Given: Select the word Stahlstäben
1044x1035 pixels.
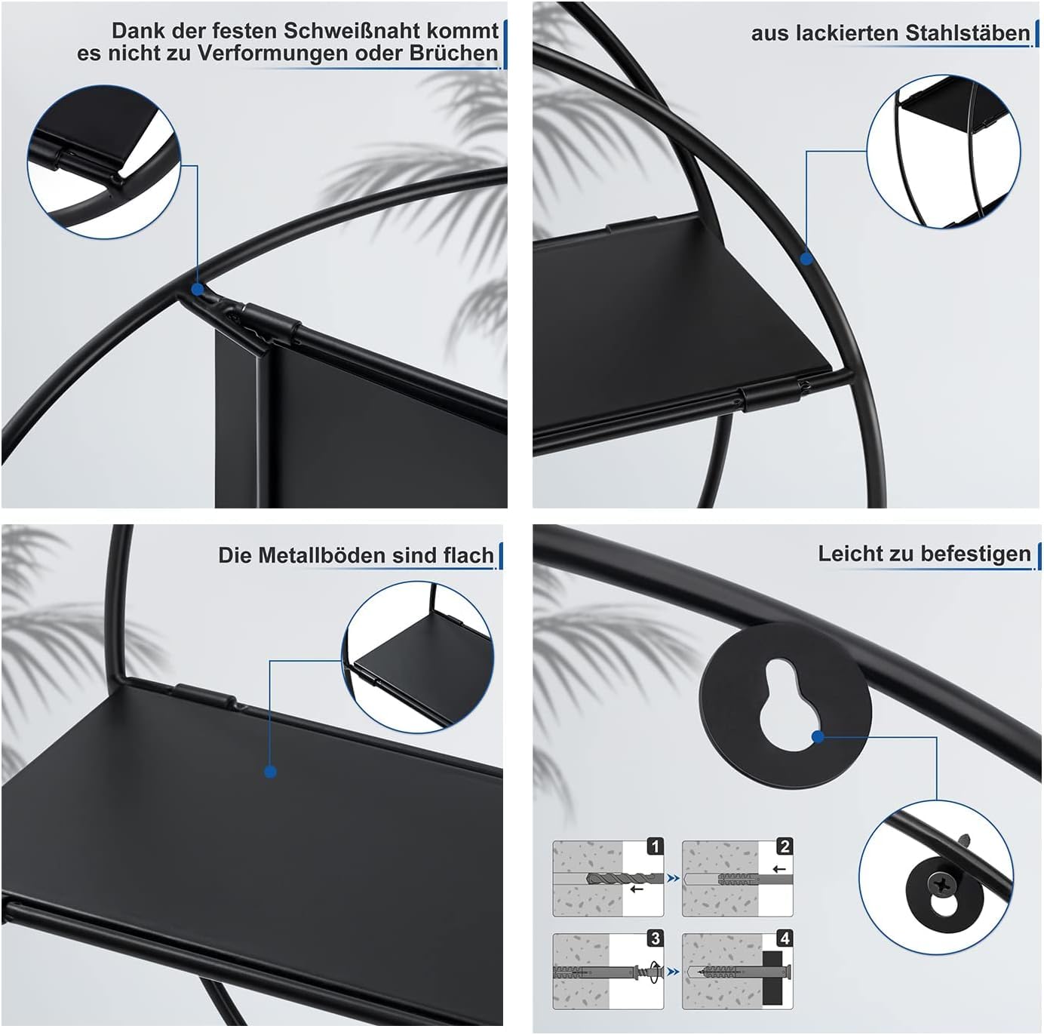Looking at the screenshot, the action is click(967, 33).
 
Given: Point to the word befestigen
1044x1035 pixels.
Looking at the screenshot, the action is click(976, 554).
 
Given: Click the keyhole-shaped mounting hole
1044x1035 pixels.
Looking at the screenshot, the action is click(784, 705).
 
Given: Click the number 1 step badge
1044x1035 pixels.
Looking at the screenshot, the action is click(655, 846).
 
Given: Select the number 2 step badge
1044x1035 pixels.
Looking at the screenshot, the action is click(785, 846).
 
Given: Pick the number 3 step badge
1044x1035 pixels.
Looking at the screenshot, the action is click(655, 938).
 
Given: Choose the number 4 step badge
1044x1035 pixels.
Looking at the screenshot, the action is click(785, 938).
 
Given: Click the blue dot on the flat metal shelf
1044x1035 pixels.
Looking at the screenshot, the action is click(270, 772).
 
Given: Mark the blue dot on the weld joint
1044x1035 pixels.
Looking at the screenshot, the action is click(197, 289).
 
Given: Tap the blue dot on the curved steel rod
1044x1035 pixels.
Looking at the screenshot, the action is click(806, 259).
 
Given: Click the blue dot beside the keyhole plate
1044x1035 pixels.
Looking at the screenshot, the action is click(818, 736).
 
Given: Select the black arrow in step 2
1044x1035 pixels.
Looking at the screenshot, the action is click(779, 868).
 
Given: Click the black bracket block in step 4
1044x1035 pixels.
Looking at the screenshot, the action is click(773, 976).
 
